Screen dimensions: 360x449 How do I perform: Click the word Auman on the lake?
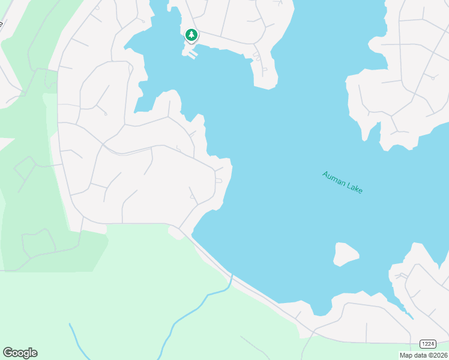click(334, 178)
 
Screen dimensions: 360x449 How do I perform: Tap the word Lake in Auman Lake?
click(354, 188)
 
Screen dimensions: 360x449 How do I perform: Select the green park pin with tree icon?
click(191, 35)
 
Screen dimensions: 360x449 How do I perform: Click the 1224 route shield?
click(427, 343)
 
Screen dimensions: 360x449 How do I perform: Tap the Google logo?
click(20, 353)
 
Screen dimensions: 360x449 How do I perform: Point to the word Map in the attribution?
click(406, 355)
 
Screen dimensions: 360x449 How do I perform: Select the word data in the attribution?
click(421, 355)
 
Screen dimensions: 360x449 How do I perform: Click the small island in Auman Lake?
click(346, 254)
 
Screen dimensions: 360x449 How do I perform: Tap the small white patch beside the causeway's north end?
click(176, 233)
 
